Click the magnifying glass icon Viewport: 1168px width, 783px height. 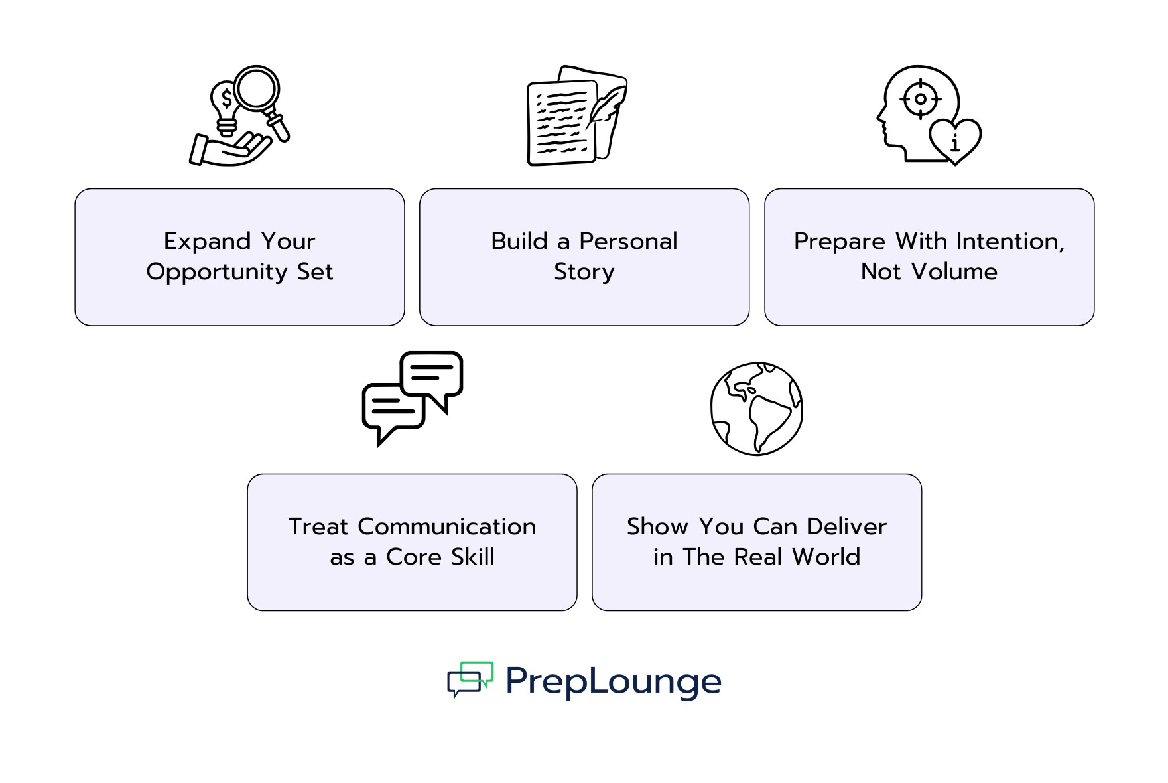tap(257, 88)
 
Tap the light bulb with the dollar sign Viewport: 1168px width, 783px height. tap(226, 106)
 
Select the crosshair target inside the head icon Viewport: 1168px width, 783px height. tap(920, 100)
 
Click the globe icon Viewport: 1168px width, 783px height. tap(756, 409)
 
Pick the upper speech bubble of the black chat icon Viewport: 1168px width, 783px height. tap(432, 373)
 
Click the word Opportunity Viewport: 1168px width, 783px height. tap(217, 272)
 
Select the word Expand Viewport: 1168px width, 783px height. tap(207, 241)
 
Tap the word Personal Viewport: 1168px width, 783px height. tap(628, 241)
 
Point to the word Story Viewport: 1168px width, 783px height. tap(584, 272)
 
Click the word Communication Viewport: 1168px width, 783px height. tap(446, 526)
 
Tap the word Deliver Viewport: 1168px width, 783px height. tap(847, 526)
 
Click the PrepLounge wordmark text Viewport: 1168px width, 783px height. tap(613, 681)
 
